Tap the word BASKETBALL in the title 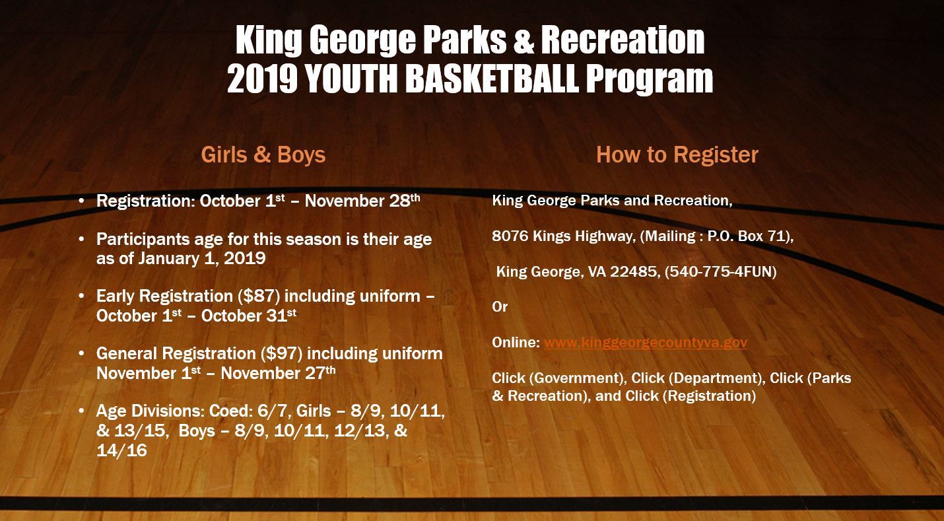coord(492,80)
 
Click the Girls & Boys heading coord(263,155)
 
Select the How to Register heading coord(677,155)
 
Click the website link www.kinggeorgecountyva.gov coord(645,343)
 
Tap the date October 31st coord(248,316)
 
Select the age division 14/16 coord(121,450)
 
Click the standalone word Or coord(500,307)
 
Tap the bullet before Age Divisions coord(81,411)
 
